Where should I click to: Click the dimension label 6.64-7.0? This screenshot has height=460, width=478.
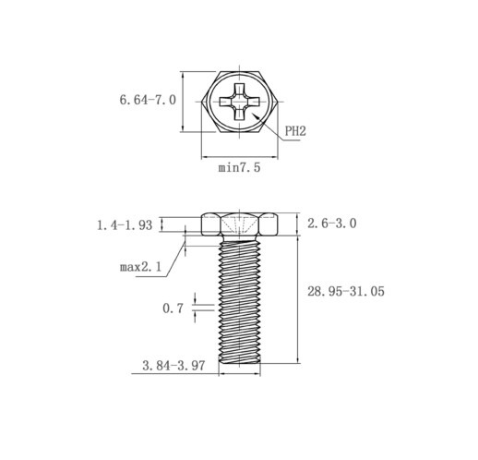[x=148, y=100]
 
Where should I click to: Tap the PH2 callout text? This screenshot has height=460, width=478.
[x=295, y=131]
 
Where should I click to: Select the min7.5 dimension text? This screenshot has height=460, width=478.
[x=239, y=167]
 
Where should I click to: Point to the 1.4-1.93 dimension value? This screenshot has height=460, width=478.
[x=125, y=225]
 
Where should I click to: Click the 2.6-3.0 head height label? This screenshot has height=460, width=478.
[x=332, y=224]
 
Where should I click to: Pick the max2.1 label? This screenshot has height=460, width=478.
[x=140, y=267]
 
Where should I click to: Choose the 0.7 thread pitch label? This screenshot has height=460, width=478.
[x=173, y=309]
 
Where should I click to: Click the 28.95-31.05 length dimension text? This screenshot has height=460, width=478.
[x=346, y=291]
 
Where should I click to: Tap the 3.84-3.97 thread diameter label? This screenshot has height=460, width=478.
[x=173, y=366]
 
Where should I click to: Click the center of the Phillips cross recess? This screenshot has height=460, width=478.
[x=239, y=102]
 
